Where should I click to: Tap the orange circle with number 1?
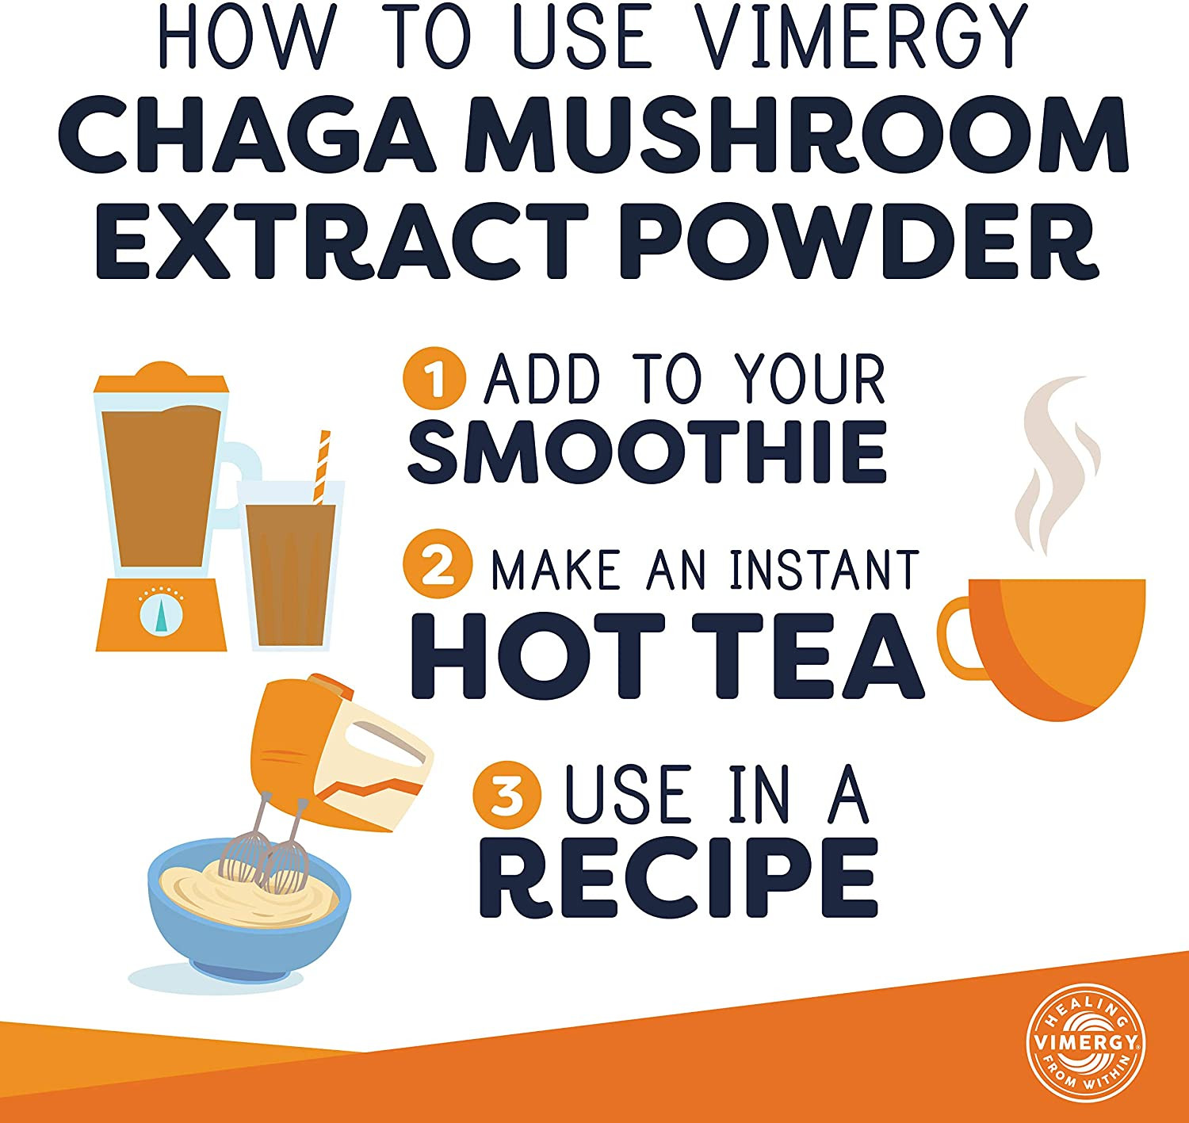click(434, 378)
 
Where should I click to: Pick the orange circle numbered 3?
click(507, 796)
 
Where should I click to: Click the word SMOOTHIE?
click(647, 452)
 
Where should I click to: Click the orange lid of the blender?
click(160, 380)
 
